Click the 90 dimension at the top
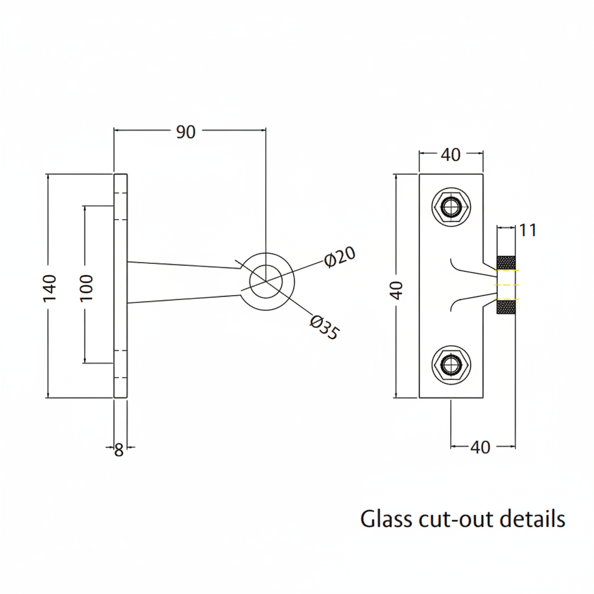pos(186,132)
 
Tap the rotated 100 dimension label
pos(85,287)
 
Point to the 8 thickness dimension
pos(119,450)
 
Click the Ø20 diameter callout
pos(340,257)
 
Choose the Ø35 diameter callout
pos(324,328)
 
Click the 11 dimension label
pos(528,230)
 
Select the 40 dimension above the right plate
pos(451,155)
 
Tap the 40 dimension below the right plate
pos(480,447)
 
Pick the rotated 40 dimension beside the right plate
pos(397,287)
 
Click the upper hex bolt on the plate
pos(451,207)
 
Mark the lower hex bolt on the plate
pos(451,365)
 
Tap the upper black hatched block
pos(506,262)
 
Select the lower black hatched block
pos(506,307)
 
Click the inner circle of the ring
pos(266,281)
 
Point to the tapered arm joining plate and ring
pos(186,283)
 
